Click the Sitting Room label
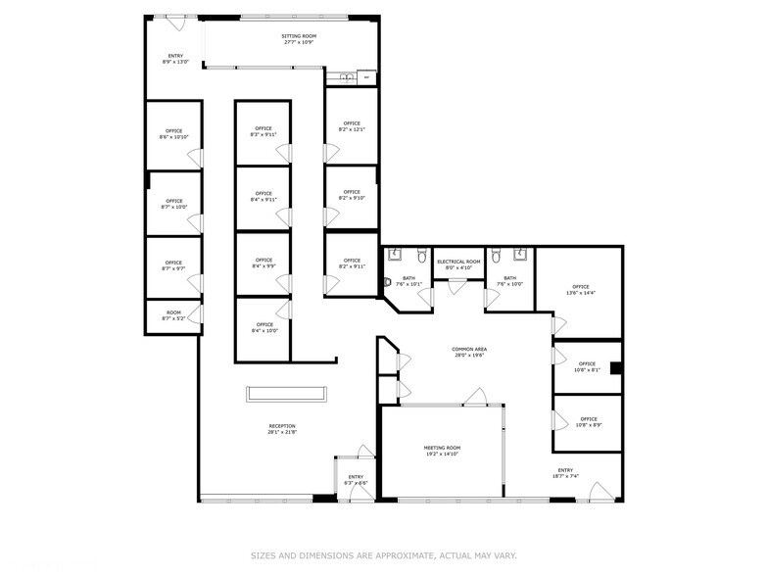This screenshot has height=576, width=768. click(300, 39)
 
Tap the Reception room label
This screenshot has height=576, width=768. click(282, 428)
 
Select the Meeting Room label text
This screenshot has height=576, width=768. click(442, 451)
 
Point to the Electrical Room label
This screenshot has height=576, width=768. click(458, 264)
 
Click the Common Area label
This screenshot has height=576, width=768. click(469, 352)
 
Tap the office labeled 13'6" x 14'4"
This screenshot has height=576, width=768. click(581, 290)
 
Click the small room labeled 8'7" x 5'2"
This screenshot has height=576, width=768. click(173, 316)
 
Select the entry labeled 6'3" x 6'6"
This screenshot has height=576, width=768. click(356, 480)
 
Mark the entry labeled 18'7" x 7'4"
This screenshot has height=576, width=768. click(566, 473)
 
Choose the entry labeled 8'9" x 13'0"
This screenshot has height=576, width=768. click(174, 59)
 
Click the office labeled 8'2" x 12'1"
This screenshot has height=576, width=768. click(351, 126)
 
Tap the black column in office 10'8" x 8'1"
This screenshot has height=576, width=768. click(615, 368)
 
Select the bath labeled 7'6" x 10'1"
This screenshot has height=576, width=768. click(408, 281)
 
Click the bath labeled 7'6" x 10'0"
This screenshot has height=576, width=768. click(509, 281)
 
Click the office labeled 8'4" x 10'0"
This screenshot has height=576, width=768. click(264, 327)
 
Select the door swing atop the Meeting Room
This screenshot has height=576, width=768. click(476, 397)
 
